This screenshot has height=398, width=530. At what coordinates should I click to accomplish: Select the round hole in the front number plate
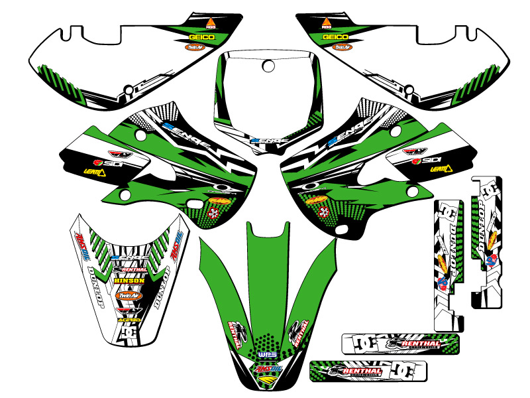point(268,66)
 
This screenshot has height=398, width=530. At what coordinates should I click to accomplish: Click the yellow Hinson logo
point(129,281)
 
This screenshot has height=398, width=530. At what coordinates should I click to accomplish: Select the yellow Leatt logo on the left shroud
point(95,172)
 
